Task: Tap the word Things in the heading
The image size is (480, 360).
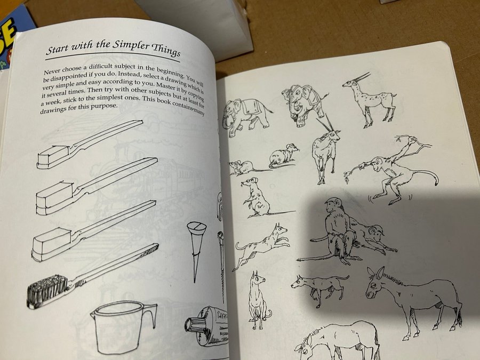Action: click(166, 50)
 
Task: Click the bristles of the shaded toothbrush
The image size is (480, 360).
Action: click(47, 291)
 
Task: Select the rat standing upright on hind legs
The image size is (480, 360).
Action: click(256, 197)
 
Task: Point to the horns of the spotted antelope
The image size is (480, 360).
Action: click(361, 77)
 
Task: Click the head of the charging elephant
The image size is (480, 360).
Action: click(293, 98)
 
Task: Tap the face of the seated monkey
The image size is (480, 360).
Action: click(332, 206)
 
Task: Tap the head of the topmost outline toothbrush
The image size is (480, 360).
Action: click(53, 157)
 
